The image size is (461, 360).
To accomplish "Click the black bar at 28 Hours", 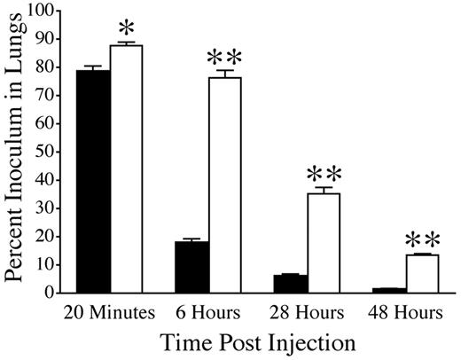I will (290, 283).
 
